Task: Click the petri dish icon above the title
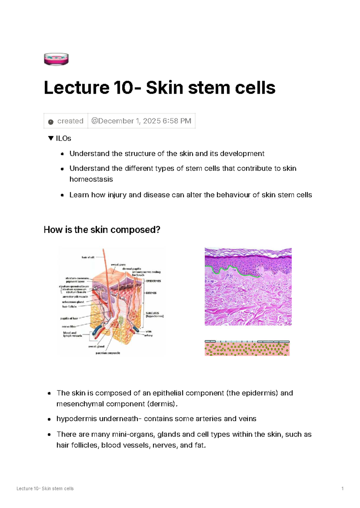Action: [56, 59]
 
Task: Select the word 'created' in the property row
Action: [70, 121]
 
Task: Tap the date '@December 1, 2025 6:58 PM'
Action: [141, 121]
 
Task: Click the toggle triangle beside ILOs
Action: [51, 138]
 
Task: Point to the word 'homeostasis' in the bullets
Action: [91, 179]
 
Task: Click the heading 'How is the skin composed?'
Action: [102, 230]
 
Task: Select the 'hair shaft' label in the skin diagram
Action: [88, 257]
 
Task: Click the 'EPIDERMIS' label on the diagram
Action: [154, 281]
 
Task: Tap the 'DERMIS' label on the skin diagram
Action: [151, 293]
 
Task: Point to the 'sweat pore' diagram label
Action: [118, 264]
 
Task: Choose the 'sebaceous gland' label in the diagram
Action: [73, 302]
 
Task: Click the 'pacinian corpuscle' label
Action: [108, 353]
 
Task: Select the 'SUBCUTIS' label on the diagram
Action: [152, 313]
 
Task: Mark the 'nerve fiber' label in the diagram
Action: [69, 327]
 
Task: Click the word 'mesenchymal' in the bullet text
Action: [80, 404]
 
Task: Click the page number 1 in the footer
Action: [343, 489]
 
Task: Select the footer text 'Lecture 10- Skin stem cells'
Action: [45, 489]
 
